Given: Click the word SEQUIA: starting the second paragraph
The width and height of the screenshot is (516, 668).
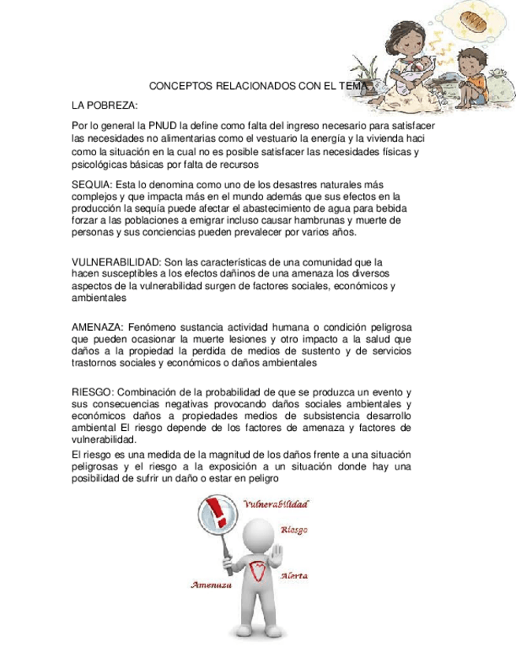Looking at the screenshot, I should [91, 183].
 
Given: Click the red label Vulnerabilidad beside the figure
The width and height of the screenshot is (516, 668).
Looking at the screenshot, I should [276, 503].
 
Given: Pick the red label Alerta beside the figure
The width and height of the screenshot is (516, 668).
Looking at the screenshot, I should [294, 576].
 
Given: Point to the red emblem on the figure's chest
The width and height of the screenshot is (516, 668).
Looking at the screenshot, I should [254, 571].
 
